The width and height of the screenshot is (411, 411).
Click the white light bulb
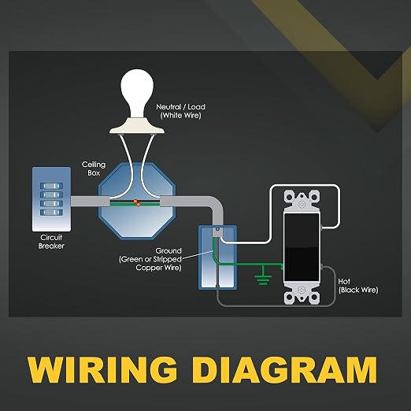pyautogui.click(x=137, y=93)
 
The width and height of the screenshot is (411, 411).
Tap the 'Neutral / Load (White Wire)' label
pyautogui.click(x=180, y=111)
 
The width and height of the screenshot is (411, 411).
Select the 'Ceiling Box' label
pyautogui.click(x=94, y=168)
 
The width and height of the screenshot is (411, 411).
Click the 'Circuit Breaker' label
pyautogui.click(x=51, y=242)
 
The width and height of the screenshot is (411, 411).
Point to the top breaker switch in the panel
pyautogui.click(x=51, y=186)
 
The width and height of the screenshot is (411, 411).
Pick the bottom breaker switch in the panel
pyautogui.click(x=51, y=212)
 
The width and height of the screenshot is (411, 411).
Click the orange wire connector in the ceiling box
pyautogui.click(x=137, y=203)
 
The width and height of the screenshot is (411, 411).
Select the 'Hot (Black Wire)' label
pyautogui.click(x=358, y=286)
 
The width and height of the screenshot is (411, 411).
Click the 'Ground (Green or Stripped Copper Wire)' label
pyautogui.click(x=150, y=259)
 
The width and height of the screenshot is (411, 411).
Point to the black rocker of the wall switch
pyautogui.click(x=302, y=247)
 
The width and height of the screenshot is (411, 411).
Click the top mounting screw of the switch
pyautogui.click(x=302, y=204)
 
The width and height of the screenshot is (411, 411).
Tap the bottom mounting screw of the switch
pyautogui.click(x=302, y=290)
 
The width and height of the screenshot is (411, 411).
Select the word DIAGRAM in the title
pyautogui.click(x=284, y=369)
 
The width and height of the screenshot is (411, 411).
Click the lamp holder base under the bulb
pyautogui.click(x=137, y=126)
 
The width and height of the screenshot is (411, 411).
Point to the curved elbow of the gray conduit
pyautogui.click(x=216, y=204)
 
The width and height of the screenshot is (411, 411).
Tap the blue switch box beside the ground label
pyautogui.click(x=218, y=257)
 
